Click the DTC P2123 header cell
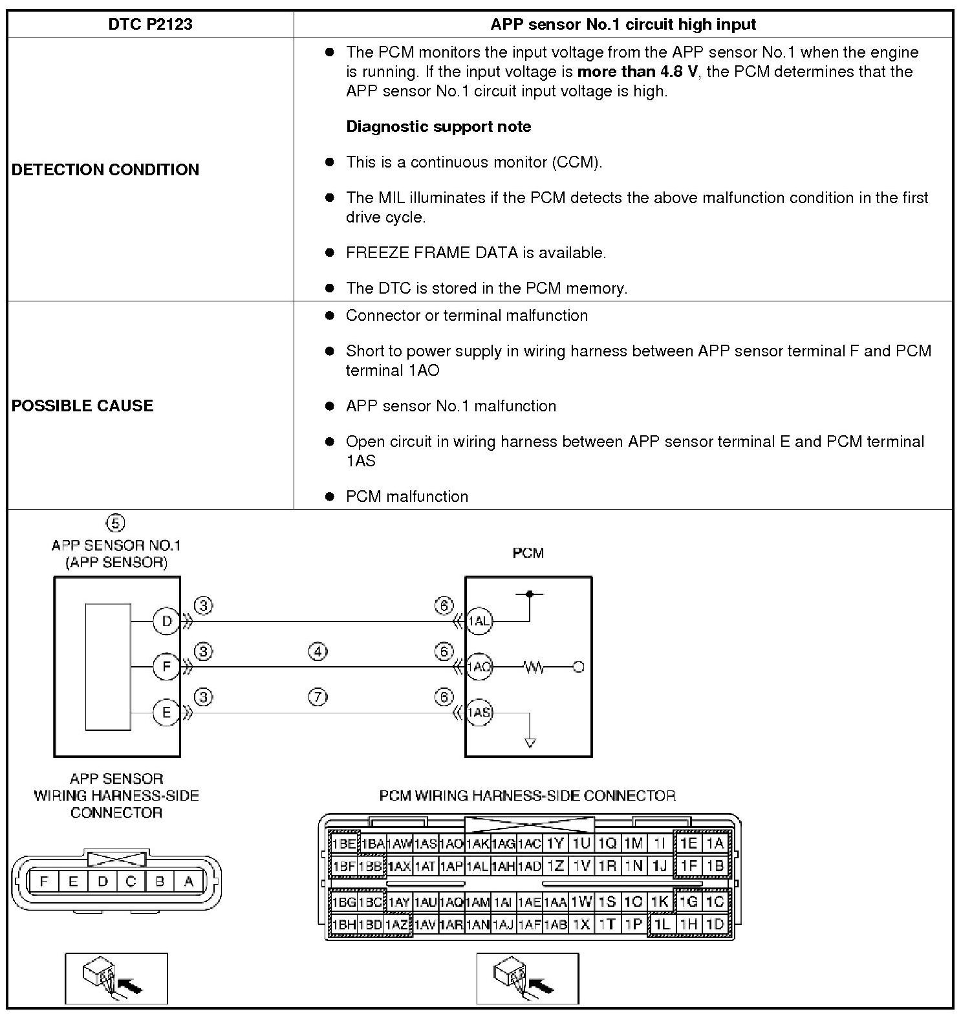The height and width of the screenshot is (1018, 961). (150, 25)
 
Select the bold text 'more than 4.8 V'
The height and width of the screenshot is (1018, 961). (637, 71)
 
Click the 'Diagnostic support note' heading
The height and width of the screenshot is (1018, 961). (438, 127)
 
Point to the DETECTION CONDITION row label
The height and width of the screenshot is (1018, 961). (105, 169)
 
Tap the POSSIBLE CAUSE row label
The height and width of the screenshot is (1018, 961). (83, 406)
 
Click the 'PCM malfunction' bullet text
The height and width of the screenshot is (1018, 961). (407, 497)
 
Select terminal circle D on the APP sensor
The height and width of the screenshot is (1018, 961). (166, 622)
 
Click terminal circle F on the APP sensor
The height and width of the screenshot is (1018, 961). (166, 666)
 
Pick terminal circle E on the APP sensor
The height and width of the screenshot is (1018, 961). (166, 713)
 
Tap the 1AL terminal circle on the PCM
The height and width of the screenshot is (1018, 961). (479, 622)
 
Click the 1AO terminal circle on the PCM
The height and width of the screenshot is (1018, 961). (479, 667)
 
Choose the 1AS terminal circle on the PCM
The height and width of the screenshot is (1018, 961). (479, 713)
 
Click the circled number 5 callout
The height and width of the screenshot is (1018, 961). (115, 523)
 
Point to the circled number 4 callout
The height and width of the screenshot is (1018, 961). (318, 651)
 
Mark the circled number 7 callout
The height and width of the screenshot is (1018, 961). (318, 697)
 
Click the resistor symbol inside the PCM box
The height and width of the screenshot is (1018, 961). (534, 667)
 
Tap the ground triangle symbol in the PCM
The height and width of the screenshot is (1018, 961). (530, 743)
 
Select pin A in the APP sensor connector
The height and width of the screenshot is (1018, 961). (189, 881)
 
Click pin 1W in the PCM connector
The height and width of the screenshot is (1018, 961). (581, 902)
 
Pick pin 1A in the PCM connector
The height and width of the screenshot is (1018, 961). (714, 843)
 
